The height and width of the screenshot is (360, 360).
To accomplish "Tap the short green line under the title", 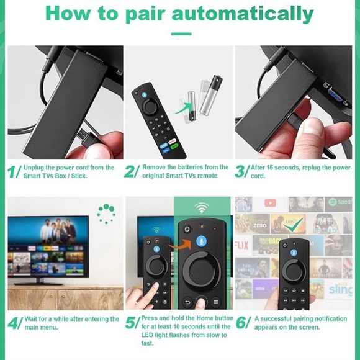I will [181, 34].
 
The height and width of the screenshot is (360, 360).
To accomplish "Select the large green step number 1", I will [13, 172].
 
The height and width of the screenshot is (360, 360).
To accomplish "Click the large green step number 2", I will [131, 172].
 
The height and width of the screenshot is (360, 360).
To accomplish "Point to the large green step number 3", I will [241, 172].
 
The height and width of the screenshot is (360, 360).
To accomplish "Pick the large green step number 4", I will [14, 323].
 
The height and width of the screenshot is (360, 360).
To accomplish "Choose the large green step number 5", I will [131, 323].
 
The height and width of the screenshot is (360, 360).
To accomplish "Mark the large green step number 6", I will [242, 323].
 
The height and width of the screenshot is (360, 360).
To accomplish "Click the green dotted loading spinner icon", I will [106, 214].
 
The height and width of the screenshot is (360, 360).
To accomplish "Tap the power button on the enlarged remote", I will [187, 228].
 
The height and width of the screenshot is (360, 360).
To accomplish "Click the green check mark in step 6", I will [296, 223].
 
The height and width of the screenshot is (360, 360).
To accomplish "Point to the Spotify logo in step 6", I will [340, 202].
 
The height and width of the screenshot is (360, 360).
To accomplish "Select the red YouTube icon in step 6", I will [270, 203].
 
